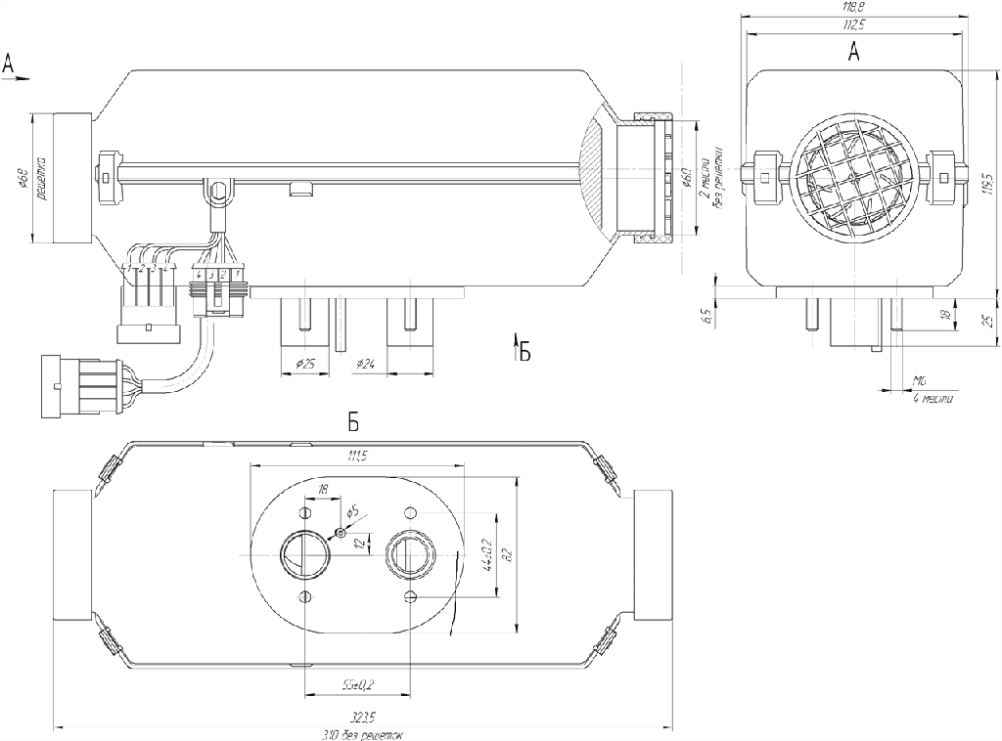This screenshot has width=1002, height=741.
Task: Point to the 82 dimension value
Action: (x=507, y=553)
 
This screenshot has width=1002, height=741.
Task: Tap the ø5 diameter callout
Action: (x=353, y=511)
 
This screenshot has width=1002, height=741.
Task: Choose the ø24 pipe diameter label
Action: (x=367, y=364)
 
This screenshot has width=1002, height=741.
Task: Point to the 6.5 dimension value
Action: (x=706, y=316)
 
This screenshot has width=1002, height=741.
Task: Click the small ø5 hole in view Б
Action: (x=339, y=532)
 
